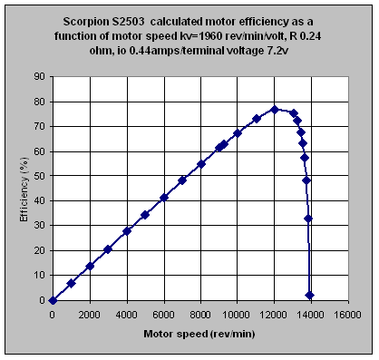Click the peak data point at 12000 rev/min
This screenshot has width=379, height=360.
275,109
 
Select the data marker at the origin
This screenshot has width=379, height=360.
53,300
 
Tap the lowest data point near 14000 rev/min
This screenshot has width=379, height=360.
310,295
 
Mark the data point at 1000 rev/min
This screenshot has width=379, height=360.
72,283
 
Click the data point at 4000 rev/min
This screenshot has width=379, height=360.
127,231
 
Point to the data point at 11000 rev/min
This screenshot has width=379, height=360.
257,119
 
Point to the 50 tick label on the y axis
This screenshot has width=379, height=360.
40,177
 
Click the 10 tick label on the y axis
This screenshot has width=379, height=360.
40,276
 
